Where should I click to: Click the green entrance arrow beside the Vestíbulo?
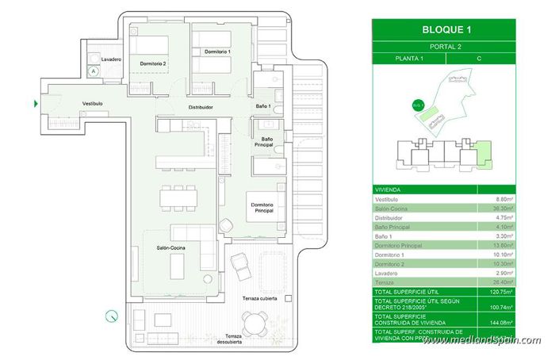pyautogui.click(x=36, y=103)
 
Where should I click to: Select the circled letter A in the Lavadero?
pyautogui.click(x=94, y=71)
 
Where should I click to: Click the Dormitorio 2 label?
pyautogui.click(x=152, y=63)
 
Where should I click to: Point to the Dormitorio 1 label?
pyautogui.click(x=217, y=52)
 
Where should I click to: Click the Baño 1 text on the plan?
pyautogui.click(x=263, y=105)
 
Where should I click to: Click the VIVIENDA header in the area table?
pyautogui.click(x=388, y=190)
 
